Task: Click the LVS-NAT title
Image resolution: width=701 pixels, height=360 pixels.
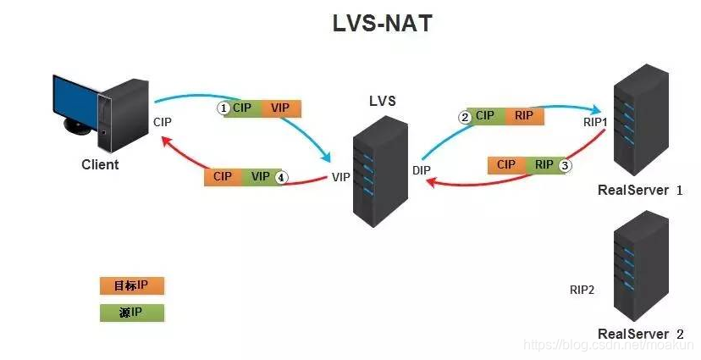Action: tap(382, 24)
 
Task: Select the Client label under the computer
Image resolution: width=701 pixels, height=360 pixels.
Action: tap(100, 164)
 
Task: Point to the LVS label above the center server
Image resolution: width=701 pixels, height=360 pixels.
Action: tap(382, 102)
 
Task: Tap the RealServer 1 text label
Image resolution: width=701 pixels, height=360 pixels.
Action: tap(640, 190)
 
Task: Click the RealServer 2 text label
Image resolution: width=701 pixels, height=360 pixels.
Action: tap(640, 334)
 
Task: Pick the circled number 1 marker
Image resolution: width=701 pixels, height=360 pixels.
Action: tap(224, 108)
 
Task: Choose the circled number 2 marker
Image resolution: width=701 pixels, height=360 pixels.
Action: tap(465, 117)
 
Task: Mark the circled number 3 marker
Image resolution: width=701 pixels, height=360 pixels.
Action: tap(566, 165)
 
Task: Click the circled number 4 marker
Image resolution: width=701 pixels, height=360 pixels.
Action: tap(282, 178)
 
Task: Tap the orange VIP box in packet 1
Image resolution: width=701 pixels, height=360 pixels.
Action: tap(280, 108)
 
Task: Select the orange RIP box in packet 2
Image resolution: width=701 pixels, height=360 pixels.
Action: tap(523, 116)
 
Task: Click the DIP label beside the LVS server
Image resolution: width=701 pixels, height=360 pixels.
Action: tap(422, 170)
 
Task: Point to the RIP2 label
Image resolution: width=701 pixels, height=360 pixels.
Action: tap(582, 290)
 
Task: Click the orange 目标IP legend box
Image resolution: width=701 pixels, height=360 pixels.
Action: tap(131, 285)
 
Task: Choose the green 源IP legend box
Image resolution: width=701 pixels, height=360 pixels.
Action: tap(131, 313)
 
